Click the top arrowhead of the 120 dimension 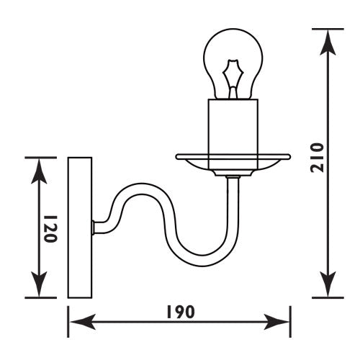click(x=40, y=170)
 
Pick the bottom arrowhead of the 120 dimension click(x=40, y=285)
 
